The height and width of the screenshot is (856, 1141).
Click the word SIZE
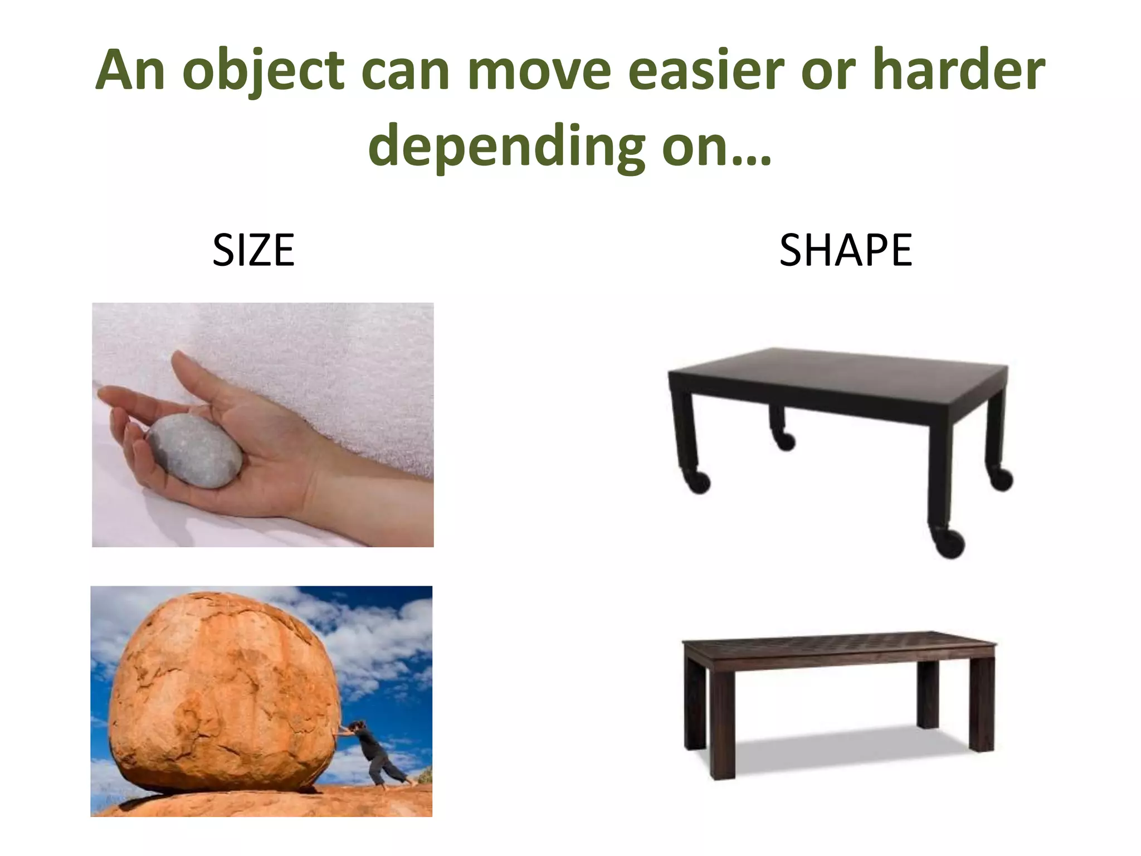[253, 250]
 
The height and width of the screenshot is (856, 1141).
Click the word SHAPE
[845, 250]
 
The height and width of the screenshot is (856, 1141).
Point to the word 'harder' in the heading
[958, 71]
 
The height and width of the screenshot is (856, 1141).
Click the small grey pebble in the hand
[194, 450]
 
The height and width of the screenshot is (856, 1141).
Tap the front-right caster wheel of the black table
[950, 543]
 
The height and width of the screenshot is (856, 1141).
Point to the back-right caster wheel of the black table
[1001, 479]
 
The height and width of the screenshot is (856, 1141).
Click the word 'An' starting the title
[130, 71]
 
